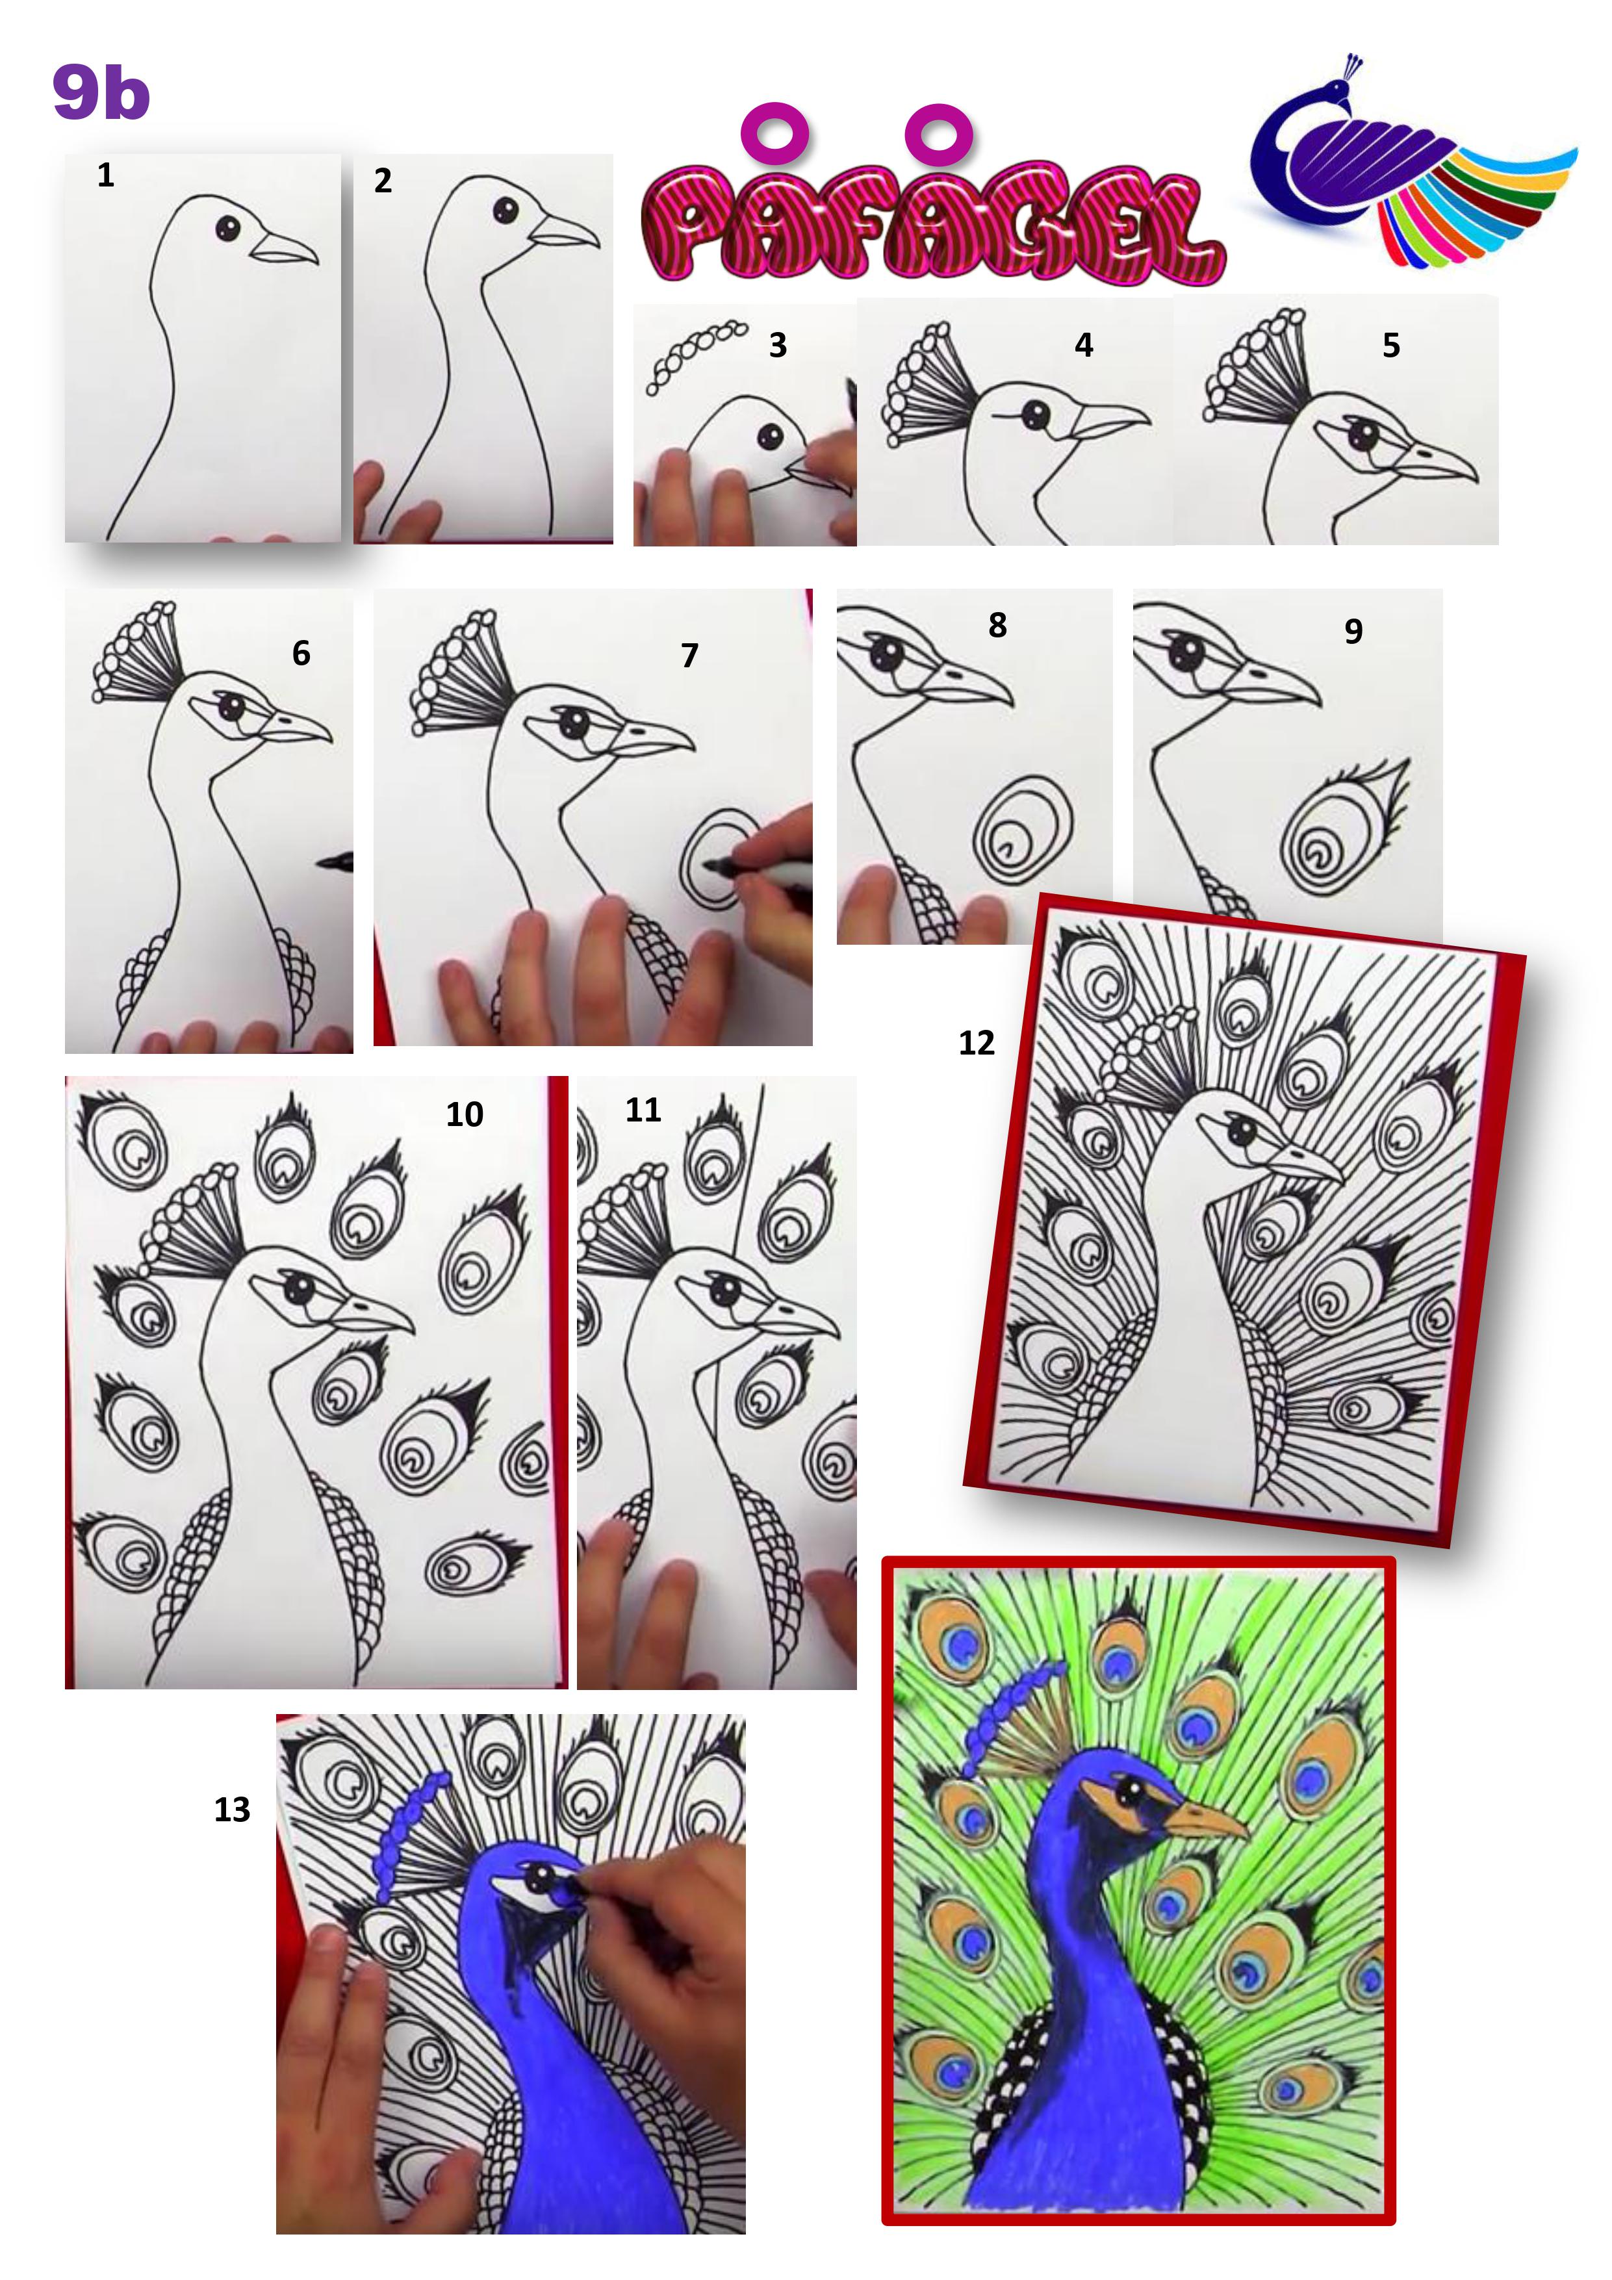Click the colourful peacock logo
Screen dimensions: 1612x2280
click(1411, 163)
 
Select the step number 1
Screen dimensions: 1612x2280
click(105, 176)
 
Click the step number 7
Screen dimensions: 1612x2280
click(689, 656)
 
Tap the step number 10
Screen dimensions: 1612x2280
click(464, 1114)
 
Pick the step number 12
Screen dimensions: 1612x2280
click(977, 1043)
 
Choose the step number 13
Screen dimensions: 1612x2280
click(233, 1810)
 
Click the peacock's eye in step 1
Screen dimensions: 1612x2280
click(227, 227)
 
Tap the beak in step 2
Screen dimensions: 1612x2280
click(564, 233)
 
